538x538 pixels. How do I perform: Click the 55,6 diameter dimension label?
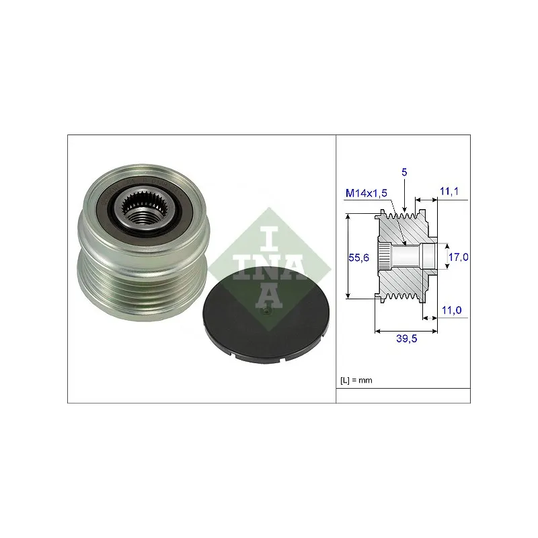358,258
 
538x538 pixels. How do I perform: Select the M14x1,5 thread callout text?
366,193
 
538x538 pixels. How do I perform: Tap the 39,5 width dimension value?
407,339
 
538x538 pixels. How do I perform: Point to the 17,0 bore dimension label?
459,257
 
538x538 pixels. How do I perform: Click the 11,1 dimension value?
449,192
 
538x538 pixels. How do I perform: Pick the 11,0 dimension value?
451,310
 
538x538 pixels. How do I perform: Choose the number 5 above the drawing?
404,172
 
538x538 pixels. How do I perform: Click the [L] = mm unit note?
356,380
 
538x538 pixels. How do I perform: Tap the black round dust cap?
266,315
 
